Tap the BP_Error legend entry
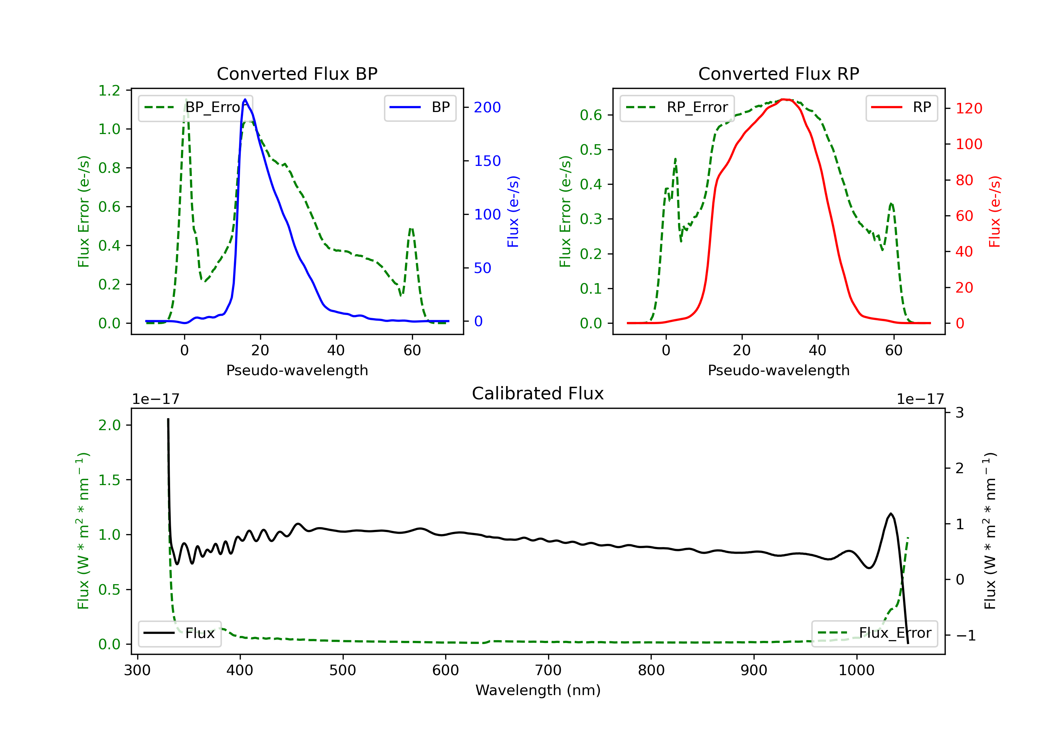[x=195, y=107]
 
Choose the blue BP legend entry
[x=420, y=107]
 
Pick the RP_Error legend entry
[x=677, y=107]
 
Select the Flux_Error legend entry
[x=874, y=633]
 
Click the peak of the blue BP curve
[x=245, y=99]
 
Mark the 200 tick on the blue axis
[x=487, y=107]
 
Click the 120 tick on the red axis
[x=968, y=108]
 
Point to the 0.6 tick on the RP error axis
[x=591, y=115]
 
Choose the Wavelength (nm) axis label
[x=538, y=690]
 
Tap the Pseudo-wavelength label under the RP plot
[x=778, y=370]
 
